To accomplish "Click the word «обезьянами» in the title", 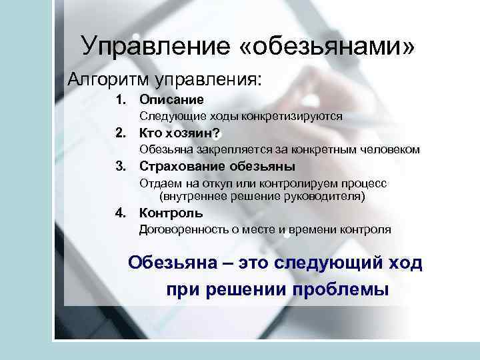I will point(326,47).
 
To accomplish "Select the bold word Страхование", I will point(181,166).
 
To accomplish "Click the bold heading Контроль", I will point(171,213).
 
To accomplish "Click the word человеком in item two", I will point(391,149).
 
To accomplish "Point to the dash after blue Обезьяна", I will point(226,263).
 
